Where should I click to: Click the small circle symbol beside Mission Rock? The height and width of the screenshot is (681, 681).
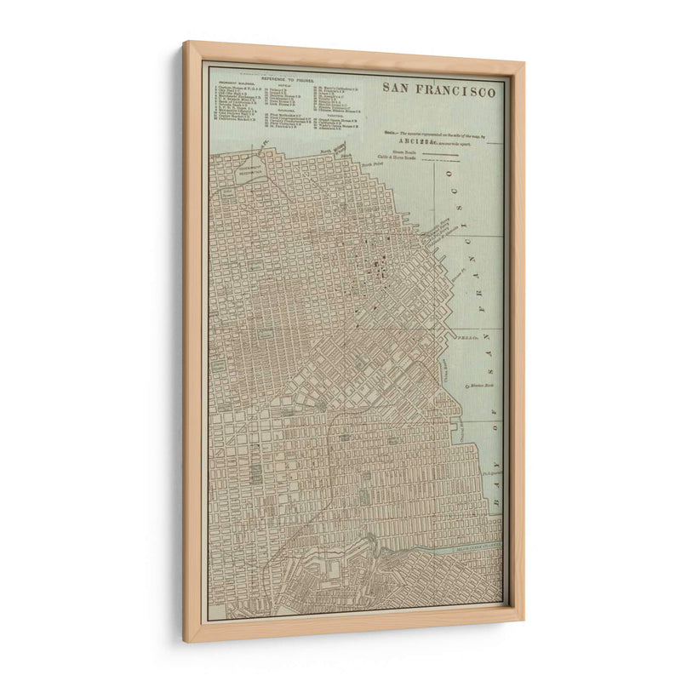(466, 387)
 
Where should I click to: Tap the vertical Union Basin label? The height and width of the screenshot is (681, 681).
(444, 371)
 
